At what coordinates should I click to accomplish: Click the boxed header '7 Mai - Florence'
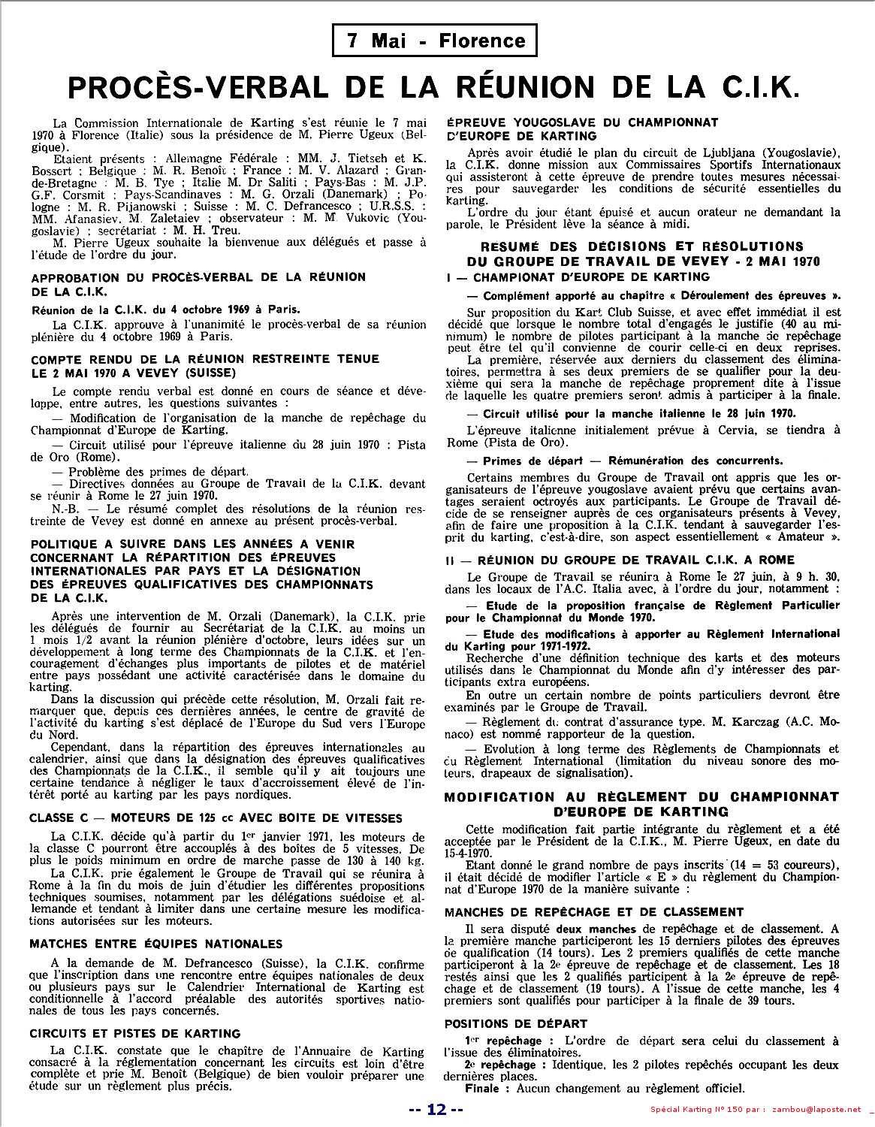[x=435, y=41]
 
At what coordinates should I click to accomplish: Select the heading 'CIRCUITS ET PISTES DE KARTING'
[x=135, y=1033]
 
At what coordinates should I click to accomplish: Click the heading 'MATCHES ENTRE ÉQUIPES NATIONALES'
[x=156, y=944]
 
